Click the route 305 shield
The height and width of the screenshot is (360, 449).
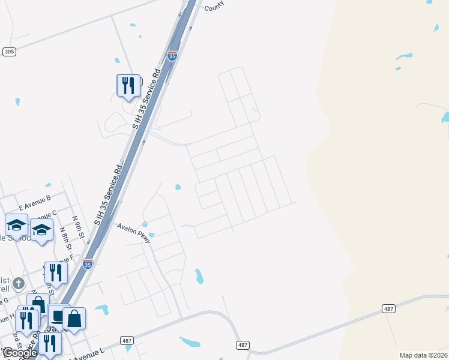click(8, 52)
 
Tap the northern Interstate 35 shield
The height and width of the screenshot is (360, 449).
click(173, 56)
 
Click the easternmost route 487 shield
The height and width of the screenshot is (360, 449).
click(388, 308)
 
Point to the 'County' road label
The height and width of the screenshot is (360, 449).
click(214, 7)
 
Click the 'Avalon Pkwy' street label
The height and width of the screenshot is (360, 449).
click(134, 232)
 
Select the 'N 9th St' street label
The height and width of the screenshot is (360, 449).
click(76, 226)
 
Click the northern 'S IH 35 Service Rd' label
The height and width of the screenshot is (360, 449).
click(145, 99)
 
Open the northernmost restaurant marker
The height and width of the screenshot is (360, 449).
click(128, 85)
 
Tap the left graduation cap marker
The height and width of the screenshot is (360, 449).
click(16, 225)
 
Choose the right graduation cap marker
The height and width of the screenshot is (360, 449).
click(41, 230)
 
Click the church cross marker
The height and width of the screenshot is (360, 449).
click(19, 283)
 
